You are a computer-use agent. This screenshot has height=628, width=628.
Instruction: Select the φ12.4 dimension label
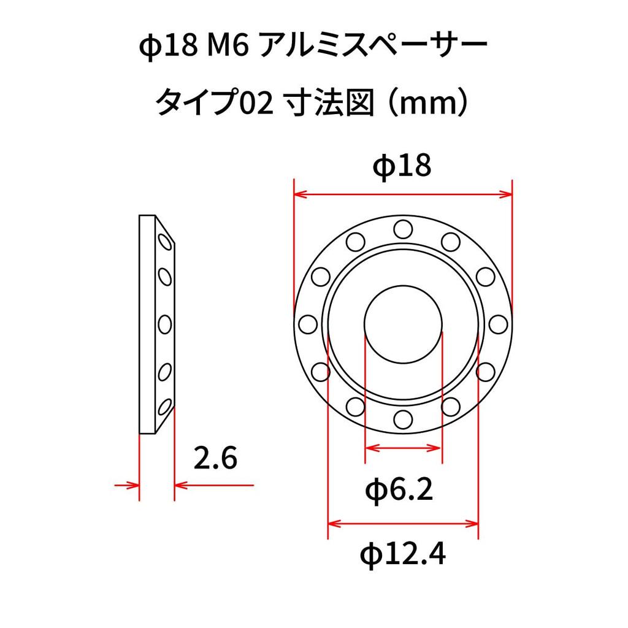point(402,555)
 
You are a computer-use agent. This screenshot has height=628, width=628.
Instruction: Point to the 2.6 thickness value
point(215,458)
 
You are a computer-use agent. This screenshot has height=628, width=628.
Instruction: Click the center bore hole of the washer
point(403,323)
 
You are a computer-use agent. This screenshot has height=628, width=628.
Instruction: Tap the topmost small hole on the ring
point(402,229)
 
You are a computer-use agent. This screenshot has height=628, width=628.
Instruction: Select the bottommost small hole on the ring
point(402,419)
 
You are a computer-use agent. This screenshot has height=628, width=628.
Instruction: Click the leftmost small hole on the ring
point(307,323)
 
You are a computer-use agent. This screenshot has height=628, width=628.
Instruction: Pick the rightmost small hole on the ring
point(499,323)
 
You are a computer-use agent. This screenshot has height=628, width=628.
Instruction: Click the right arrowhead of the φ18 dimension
point(505,195)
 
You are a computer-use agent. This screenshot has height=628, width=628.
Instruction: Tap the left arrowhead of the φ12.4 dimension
point(334,524)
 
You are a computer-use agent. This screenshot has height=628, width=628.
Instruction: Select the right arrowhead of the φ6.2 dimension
point(436,448)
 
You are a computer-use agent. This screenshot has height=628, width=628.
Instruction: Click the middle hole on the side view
point(164,323)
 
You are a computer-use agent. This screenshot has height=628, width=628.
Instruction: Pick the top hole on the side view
point(164,242)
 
